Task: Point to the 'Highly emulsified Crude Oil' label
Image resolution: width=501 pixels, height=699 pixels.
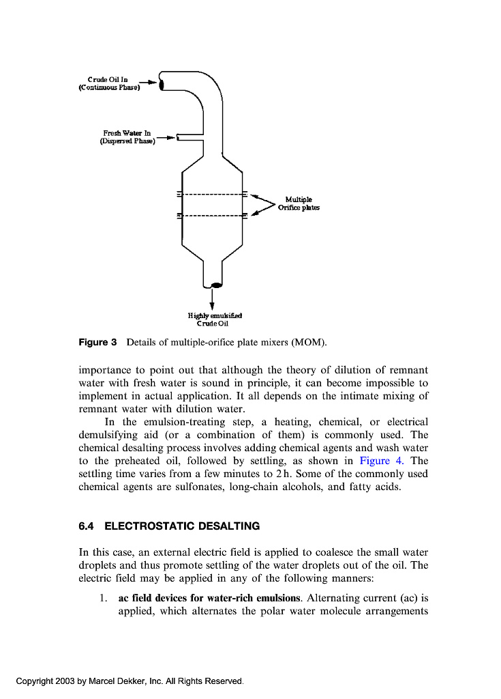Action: coord(211,319)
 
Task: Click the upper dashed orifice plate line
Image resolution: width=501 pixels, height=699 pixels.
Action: coord(212,194)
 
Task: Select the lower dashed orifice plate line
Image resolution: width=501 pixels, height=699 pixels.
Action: coord(212,216)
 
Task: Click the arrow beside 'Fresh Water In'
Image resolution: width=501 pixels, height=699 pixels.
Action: coord(166,137)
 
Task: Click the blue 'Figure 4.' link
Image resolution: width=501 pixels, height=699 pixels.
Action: coord(381,461)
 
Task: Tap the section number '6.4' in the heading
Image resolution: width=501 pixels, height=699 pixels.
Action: coord(86,526)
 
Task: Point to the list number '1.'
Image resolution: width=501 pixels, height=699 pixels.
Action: coord(103,598)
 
